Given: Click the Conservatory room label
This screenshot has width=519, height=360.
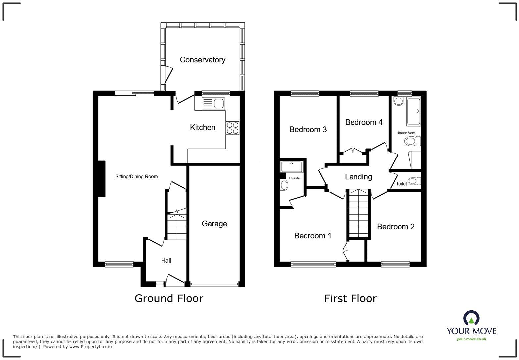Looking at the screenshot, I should click(203, 60).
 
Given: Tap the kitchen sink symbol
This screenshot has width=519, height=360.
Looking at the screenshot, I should click(213, 104).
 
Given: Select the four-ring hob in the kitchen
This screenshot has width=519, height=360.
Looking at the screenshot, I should click(233, 128).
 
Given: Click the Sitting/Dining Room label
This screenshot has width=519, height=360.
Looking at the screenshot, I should click(136, 177).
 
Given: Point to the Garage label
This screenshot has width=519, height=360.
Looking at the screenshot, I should click(214, 224).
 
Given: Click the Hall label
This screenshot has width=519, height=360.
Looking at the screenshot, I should click(166, 261).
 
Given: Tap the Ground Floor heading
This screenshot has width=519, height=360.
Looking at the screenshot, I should click(169, 298).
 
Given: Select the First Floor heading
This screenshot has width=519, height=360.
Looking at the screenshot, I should click(350, 298).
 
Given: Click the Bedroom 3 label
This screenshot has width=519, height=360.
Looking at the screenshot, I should click(308, 130).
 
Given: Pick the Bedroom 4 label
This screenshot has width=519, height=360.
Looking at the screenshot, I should click(363, 122).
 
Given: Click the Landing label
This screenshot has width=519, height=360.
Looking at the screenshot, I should click(358, 177).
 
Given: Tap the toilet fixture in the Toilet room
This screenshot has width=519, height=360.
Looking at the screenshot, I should click(414, 181).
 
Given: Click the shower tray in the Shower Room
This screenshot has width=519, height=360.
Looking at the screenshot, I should click(414, 112).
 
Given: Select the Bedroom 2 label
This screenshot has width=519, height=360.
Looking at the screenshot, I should click(396, 227).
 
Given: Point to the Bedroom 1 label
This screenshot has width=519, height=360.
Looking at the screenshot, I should click(312, 236).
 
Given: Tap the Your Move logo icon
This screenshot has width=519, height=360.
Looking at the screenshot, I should click(471, 318).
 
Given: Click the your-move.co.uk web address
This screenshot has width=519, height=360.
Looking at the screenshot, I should click(471, 339).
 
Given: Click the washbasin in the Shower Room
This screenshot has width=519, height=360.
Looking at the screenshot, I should click(399, 101).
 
